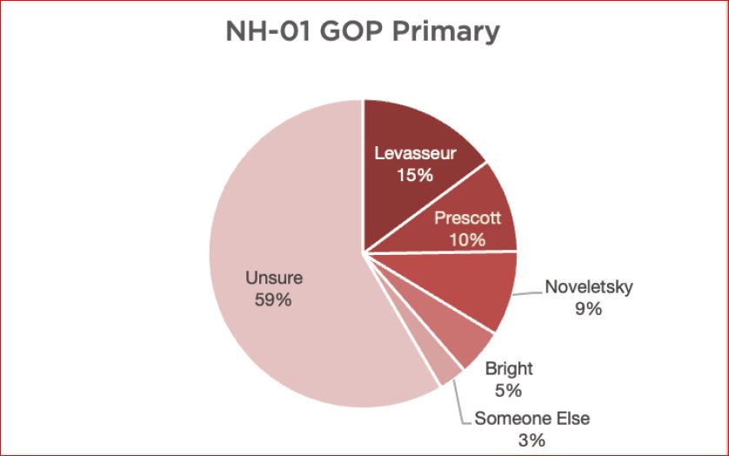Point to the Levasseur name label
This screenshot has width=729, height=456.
tap(416, 154)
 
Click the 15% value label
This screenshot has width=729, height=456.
tap(416, 175)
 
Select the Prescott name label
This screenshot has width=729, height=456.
tap(468, 218)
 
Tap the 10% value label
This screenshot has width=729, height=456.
tap(468, 239)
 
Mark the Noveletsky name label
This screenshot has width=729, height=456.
tap(588, 286)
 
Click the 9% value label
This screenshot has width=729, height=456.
tap(588, 308)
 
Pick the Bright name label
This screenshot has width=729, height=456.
tap(509, 369)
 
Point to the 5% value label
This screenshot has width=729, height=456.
tap(509, 391)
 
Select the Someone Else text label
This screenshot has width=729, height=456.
tap(532, 419)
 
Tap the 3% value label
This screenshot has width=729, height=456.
tap(532, 440)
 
